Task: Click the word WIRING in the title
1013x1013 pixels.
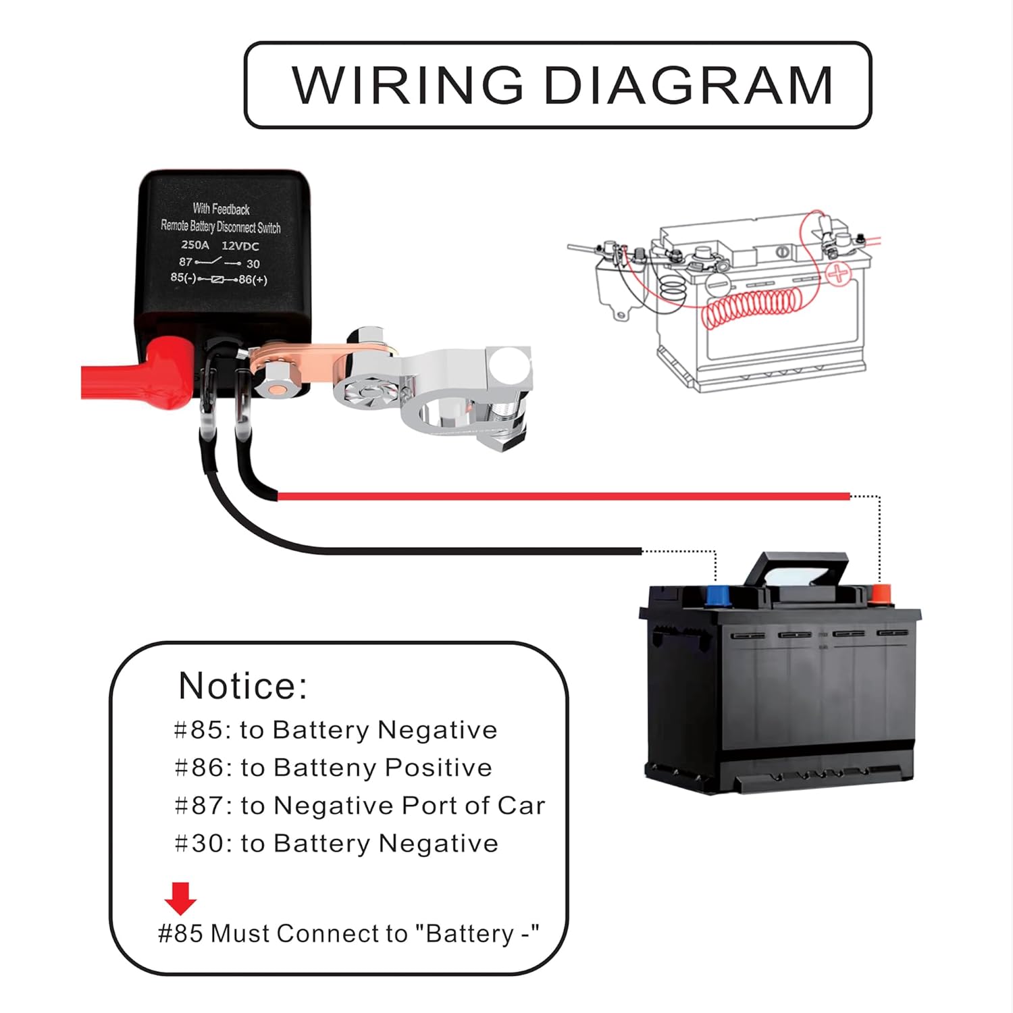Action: coord(407,86)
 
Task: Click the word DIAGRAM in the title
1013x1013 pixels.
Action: coord(688,86)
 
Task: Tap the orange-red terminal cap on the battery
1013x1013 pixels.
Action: coord(881,594)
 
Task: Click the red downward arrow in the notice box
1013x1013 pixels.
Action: coord(180,898)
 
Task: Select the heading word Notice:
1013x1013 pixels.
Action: coord(242,686)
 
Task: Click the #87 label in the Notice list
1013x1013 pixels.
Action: coord(199,806)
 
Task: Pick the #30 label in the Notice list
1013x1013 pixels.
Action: coord(199,843)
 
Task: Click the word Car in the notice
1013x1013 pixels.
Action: coord(521,806)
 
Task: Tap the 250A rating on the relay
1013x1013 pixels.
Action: coord(195,245)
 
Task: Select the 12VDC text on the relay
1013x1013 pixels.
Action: coord(240,246)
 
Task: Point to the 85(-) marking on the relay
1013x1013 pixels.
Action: coord(183,278)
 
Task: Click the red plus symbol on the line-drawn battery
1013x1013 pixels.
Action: coord(838,274)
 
